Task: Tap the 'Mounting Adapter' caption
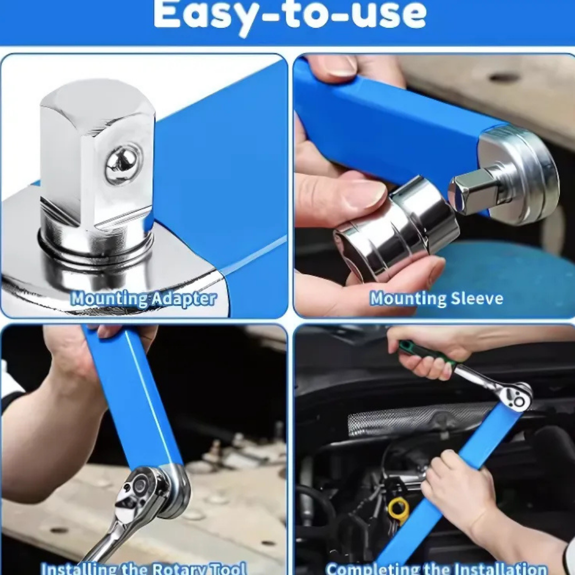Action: coord(144,299)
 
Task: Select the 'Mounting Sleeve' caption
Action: coord(437,299)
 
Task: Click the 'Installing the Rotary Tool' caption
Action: coord(144,568)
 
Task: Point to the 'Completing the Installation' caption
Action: coord(437,568)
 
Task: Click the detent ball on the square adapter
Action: coord(123,163)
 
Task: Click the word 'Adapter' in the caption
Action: coord(184,299)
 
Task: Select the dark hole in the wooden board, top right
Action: coord(504,78)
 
